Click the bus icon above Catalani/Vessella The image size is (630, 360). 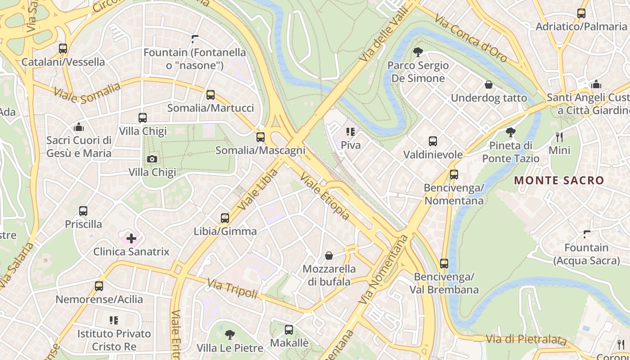point(63,48)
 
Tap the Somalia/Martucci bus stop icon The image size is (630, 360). point(210,94)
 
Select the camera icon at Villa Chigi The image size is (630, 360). point(152,158)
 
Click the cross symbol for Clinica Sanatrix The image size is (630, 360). point(131,238)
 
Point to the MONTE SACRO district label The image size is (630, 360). point(559,180)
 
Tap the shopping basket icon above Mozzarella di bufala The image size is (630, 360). point(329,256)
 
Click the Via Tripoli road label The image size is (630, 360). point(232,288)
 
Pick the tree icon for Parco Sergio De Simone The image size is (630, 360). point(418,52)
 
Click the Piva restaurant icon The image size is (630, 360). point(351,132)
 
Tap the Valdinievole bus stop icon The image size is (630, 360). point(432,141)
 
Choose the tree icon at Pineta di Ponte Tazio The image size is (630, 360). point(510,132)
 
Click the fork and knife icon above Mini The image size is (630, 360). point(559,137)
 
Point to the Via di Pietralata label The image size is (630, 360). point(526,339)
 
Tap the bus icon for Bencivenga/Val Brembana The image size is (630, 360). point(444,263)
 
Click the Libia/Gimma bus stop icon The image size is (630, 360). point(225,218)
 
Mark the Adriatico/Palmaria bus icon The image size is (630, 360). point(581,13)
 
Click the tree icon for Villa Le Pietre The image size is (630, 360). point(230,334)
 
